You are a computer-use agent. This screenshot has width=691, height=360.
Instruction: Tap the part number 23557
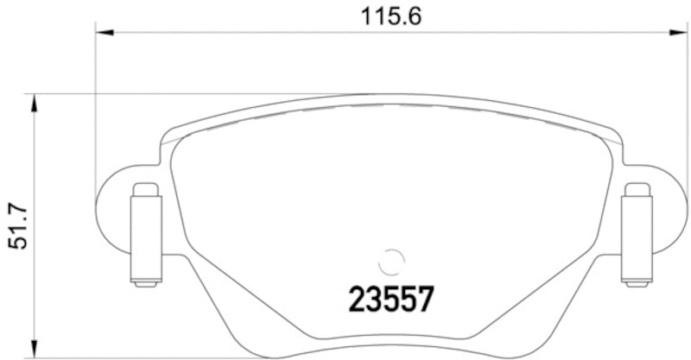click(x=390, y=300)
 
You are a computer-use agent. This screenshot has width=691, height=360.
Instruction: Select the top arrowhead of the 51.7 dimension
click(x=35, y=104)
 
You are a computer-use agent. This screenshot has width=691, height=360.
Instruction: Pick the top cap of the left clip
click(x=145, y=189)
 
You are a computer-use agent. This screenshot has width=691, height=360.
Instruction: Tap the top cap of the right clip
click(x=637, y=189)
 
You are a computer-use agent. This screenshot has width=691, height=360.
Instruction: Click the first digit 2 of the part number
click(x=357, y=300)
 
